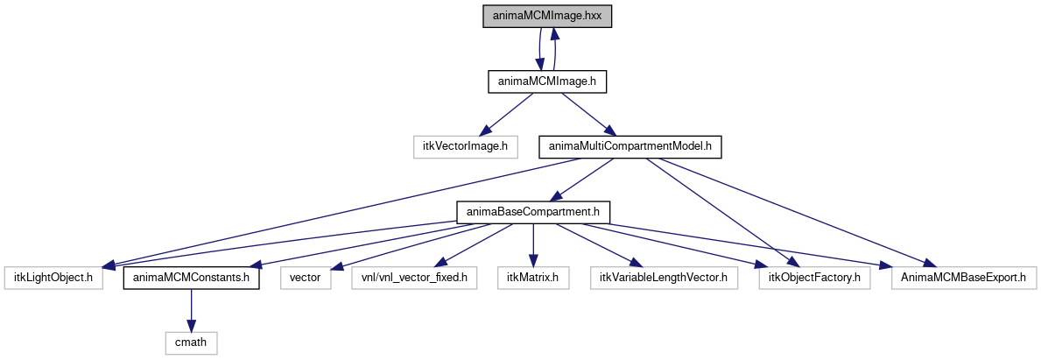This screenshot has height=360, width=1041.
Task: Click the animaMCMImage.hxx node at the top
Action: point(546,17)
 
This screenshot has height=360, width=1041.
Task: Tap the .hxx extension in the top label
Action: point(592,17)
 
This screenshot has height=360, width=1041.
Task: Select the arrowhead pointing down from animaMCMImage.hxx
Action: point(539,65)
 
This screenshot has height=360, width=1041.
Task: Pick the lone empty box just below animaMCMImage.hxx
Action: point(465,147)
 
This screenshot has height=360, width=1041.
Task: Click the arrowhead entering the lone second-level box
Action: point(484,132)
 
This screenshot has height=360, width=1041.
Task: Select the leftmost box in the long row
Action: point(53,278)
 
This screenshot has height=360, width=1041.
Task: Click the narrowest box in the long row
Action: point(306,278)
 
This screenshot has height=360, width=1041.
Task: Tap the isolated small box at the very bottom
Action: point(191,343)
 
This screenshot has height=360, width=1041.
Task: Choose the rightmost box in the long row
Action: point(964,278)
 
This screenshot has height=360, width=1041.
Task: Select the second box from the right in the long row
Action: point(814,278)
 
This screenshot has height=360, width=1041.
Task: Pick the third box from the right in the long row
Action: point(664,278)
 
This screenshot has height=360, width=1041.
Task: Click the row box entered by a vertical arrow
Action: point(533,278)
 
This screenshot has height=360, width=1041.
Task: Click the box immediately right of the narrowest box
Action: point(414,278)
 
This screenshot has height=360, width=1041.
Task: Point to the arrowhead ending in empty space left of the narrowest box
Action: point(255,265)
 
